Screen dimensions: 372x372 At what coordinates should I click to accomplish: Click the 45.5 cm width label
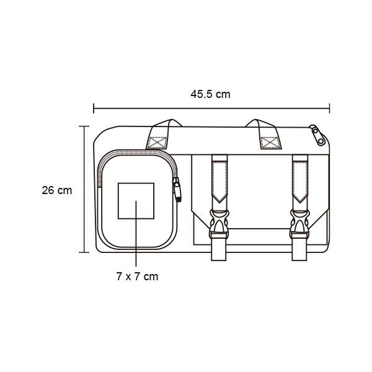pos(210,94)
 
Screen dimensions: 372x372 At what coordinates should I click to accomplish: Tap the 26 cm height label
pos(56,190)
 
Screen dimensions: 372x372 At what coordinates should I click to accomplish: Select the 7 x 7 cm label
pos(137,277)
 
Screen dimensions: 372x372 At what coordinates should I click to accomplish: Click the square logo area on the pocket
pos(136,201)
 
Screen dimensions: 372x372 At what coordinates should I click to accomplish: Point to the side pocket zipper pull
pos(177,190)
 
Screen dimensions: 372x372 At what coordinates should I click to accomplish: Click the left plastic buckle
pos(219,224)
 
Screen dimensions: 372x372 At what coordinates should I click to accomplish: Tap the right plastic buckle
pos(299,224)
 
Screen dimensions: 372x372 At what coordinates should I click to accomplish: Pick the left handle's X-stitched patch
pos(157,143)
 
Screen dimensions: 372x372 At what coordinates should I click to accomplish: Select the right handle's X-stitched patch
pos(269,143)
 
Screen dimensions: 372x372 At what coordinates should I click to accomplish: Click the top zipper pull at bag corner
pos(317,135)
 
